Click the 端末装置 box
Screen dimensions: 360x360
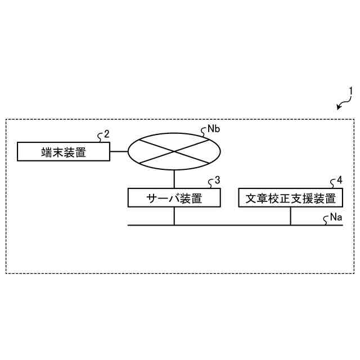click(x=64, y=152)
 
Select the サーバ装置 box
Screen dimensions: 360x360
click(x=174, y=198)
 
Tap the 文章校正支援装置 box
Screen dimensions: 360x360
click(x=290, y=198)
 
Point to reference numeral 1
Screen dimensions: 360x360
click(x=351, y=90)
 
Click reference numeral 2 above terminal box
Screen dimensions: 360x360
click(x=106, y=135)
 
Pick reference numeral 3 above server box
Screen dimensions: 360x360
click(x=217, y=181)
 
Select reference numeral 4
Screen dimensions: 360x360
click(x=339, y=181)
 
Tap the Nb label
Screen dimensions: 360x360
click(x=213, y=129)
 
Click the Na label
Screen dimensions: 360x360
click(x=336, y=217)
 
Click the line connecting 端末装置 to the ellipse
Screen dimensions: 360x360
click(x=119, y=152)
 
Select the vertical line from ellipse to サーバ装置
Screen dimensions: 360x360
click(x=174, y=178)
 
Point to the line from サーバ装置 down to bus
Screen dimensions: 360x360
click(x=174, y=216)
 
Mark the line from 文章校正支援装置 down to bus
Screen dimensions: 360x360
click(x=290, y=216)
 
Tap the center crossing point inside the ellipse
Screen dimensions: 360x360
click(x=174, y=150)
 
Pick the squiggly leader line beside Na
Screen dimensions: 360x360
click(x=326, y=221)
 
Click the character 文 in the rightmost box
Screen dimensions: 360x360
click(x=250, y=198)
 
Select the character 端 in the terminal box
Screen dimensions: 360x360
click(x=47, y=152)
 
